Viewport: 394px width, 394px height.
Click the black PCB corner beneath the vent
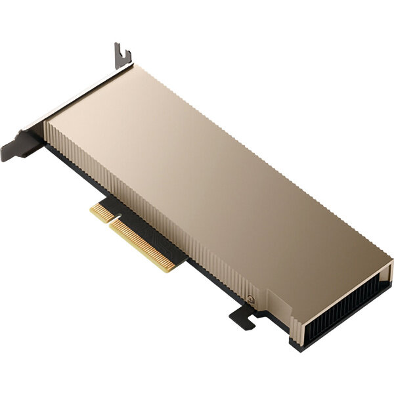[292, 342]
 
